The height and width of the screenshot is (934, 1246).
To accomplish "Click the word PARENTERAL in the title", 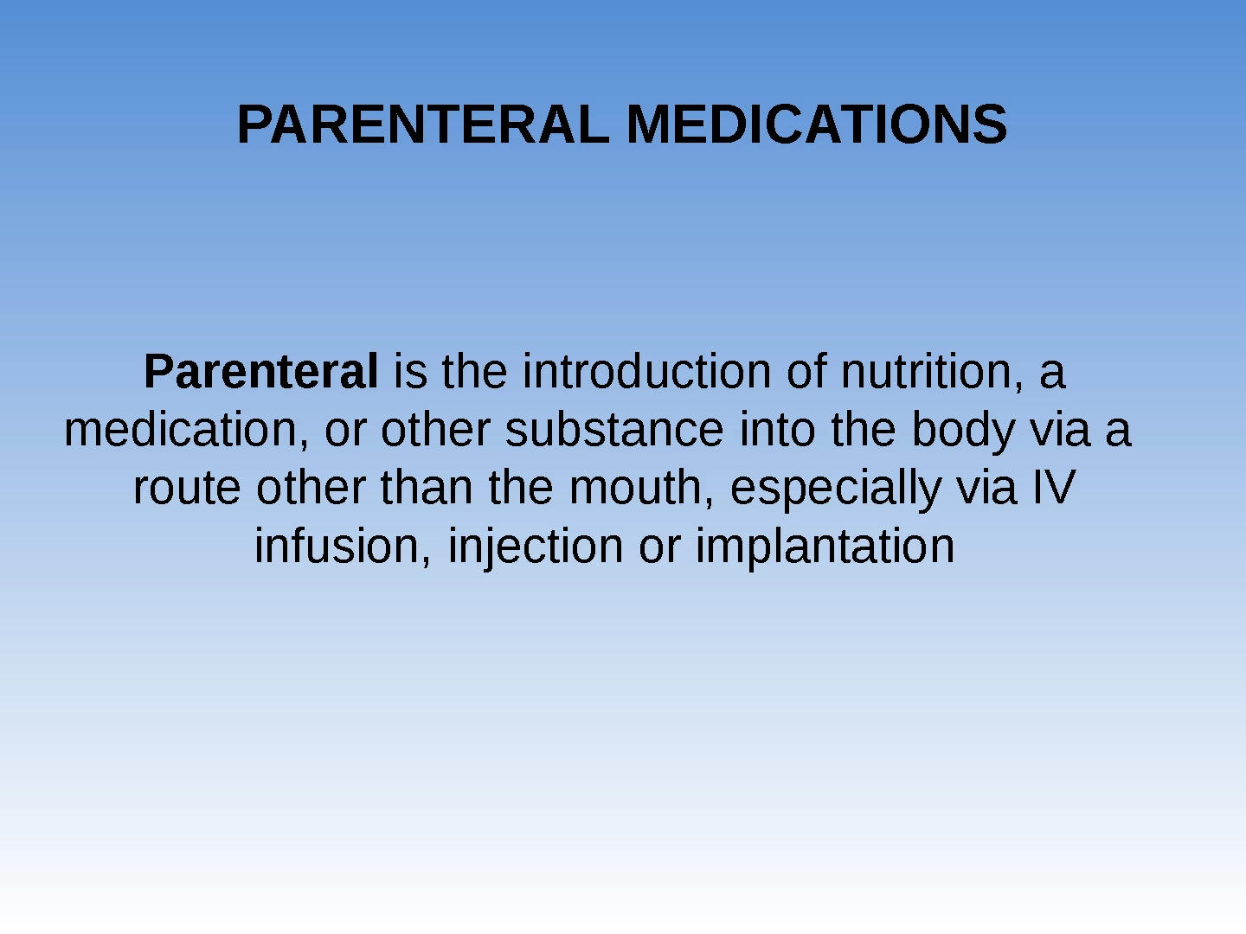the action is (x=423, y=125).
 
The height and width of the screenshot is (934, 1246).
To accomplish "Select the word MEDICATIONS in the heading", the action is (x=817, y=125).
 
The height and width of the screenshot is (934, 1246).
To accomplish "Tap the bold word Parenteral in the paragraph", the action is (x=260, y=372).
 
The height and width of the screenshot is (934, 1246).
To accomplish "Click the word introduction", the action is (x=646, y=372).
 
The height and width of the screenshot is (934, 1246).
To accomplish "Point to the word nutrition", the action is (x=932, y=373).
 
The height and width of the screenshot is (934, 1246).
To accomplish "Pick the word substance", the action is (x=614, y=430).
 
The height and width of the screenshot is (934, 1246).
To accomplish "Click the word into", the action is (x=778, y=430).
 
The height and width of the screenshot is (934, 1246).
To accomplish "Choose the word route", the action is (x=187, y=489).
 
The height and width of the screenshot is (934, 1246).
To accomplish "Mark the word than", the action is (x=427, y=487).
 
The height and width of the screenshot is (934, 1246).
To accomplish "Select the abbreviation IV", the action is (x=1054, y=488).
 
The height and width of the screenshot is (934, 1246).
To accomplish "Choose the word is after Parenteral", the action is (x=410, y=372).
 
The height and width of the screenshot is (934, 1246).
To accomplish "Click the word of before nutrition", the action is (x=806, y=372).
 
